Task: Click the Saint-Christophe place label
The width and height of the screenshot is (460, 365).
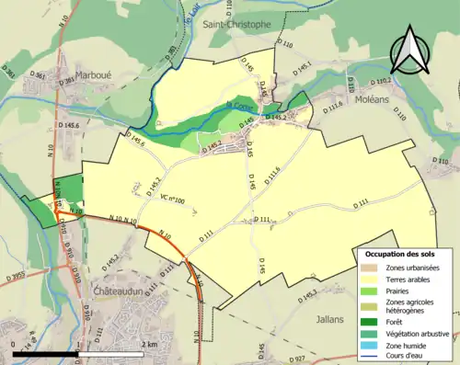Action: click(236, 24)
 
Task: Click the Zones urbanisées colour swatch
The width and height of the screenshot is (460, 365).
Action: click(367, 267)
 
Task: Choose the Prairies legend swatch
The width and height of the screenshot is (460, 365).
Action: click(367, 290)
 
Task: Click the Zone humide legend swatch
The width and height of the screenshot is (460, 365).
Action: click(367, 344)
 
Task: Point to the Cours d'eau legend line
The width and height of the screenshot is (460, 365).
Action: click(367, 355)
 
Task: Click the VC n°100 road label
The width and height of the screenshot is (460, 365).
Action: click(172, 199)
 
